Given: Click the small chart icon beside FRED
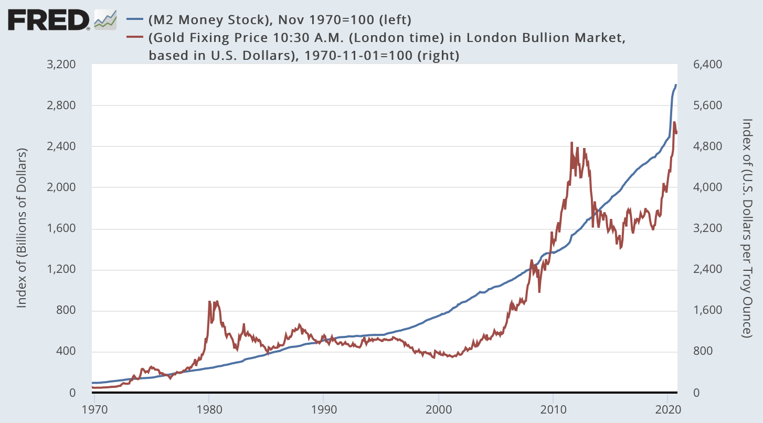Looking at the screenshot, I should pyautogui.click(x=105, y=20).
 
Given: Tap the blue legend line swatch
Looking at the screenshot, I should pyautogui.click(x=135, y=20).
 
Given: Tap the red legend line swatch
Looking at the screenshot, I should pyautogui.click(x=135, y=38).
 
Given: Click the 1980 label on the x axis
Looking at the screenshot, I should pyautogui.click(x=209, y=409).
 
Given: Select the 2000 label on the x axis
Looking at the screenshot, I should pyautogui.click(x=438, y=409).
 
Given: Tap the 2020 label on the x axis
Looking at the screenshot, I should pyautogui.click(x=667, y=409).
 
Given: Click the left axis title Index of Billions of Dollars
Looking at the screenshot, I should pyautogui.click(x=22, y=228).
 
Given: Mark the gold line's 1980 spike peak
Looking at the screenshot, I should pyautogui.click(x=210, y=301).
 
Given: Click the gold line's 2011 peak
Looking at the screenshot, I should pyautogui.click(x=571, y=142).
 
